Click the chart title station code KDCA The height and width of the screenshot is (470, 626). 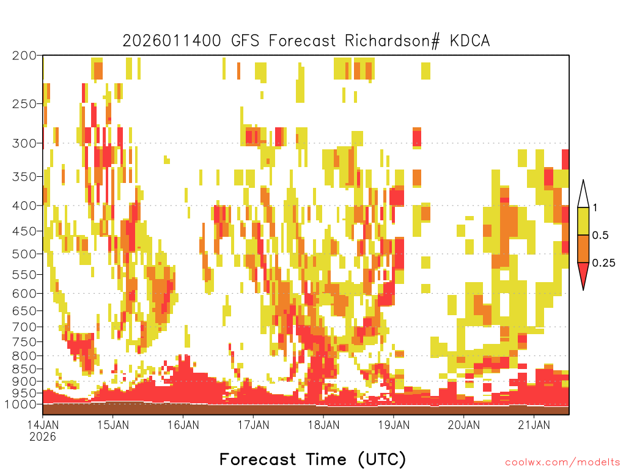coord(469,41)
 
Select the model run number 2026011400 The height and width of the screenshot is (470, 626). coord(172,41)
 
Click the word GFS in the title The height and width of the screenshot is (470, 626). coord(245,41)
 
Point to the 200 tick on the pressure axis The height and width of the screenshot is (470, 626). coord(24,56)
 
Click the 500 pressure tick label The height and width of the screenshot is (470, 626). coord(24,254)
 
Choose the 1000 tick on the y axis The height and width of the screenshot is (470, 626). coord(20,404)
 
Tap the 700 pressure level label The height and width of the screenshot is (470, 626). coord(24,327)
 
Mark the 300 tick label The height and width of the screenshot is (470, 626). coord(24,143)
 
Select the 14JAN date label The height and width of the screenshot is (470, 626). coord(43,425)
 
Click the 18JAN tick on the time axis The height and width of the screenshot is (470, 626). coord(323,425)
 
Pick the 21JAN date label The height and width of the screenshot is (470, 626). coord(534,425)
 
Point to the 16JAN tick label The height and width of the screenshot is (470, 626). coord(183,425)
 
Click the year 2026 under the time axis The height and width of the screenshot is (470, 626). coord(43,437)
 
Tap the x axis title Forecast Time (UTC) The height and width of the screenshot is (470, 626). coord(312,459)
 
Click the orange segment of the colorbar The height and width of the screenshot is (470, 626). coord(583,248)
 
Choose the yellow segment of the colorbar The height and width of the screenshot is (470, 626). coord(583,221)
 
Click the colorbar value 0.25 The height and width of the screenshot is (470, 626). coord(603,263)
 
